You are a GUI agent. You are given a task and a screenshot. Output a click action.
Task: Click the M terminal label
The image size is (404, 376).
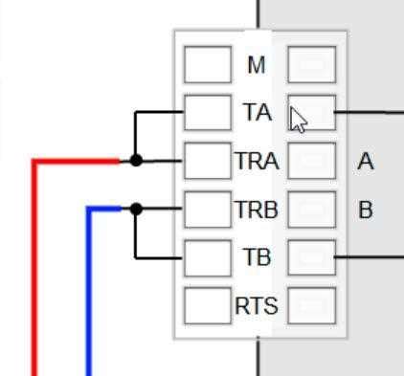coord(256,65)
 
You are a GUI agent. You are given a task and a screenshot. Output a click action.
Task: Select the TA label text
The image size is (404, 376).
coord(257,113)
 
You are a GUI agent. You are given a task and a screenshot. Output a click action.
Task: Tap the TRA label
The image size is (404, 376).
coord(257,162)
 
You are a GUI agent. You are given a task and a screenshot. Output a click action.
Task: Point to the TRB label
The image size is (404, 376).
coord(257,210)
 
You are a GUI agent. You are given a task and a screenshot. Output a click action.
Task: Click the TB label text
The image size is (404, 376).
coord(257,257)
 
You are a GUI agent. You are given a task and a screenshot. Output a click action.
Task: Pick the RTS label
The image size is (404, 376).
coord(257,306)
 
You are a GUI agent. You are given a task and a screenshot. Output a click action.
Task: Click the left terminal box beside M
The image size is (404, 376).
coord(207,65)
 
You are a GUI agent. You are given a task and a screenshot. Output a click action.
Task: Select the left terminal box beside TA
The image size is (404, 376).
coord(207,112)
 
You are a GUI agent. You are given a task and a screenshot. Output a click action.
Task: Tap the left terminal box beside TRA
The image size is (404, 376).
coord(207,161)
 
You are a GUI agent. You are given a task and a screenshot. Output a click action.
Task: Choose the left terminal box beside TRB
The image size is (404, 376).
coord(207,209)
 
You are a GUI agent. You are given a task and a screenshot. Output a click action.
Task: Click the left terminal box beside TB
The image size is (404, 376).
coord(207,256)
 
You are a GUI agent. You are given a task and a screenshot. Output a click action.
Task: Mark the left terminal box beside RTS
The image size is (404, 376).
coord(207,305)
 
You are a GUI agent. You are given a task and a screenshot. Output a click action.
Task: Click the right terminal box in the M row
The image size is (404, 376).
coord(312,65)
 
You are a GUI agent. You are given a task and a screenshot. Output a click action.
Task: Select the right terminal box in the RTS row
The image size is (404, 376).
coord(312,305)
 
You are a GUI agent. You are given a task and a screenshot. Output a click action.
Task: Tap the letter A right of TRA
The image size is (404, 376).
coord(365,162)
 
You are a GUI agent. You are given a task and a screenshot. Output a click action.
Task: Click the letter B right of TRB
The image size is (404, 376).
coord(365,210)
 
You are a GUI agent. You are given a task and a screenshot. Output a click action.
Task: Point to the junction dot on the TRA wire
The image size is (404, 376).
coord(136,161)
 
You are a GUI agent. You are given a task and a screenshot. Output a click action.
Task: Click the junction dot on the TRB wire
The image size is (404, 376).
coord(136,209)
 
